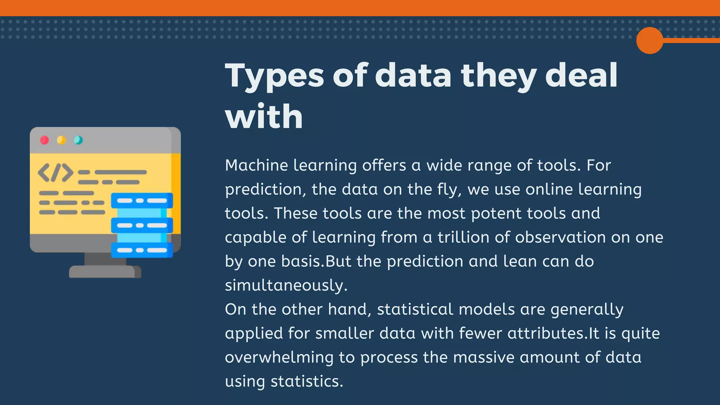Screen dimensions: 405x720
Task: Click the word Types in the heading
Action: (x=274, y=76)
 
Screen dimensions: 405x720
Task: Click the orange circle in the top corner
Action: (x=649, y=40)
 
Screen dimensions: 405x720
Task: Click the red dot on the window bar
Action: (x=44, y=140)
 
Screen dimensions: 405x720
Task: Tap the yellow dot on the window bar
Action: (x=61, y=140)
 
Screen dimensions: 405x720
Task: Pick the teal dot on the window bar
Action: (x=78, y=140)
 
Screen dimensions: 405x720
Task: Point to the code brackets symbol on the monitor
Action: (x=55, y=173)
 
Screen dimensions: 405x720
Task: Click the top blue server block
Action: (x=142, y=200)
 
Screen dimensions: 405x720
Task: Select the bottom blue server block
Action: (x=142, y=250)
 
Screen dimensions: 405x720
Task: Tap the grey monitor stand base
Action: (x=105, y=272)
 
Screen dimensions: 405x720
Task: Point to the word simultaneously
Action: (x=286, y=285)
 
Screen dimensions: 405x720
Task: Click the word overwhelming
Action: (x=279, y=358)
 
